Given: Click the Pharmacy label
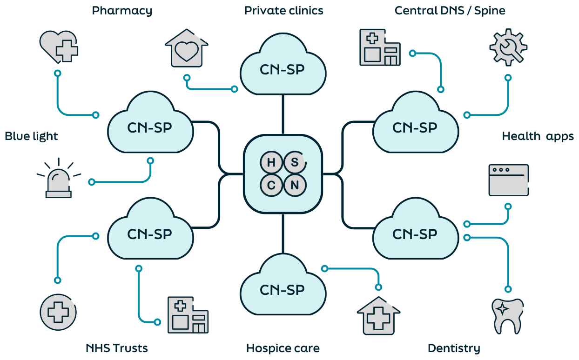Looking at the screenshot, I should (122, 11).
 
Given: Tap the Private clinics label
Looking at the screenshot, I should (283, 11).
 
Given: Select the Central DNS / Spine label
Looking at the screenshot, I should (450, 11).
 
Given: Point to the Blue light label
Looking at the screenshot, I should (31, 136).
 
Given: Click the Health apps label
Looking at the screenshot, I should (538, 136).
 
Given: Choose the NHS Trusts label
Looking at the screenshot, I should (116, 348).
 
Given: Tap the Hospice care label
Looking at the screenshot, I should (283, 348).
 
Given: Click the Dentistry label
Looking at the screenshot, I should (453, 348).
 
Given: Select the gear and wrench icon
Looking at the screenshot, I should (508, 47).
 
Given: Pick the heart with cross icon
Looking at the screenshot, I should (59, 47).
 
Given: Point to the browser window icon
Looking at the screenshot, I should (508, 180).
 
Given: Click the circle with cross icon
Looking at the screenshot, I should (58, 312).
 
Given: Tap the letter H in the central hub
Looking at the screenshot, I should (271, 162).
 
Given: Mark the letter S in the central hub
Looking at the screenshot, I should (295, 162).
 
